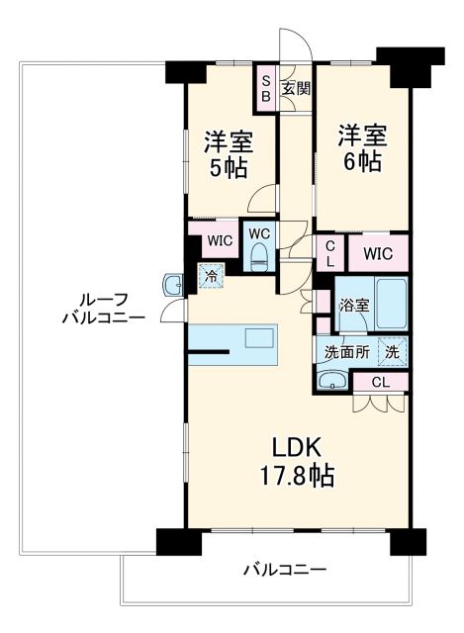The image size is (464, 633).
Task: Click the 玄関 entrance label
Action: click(296, 88)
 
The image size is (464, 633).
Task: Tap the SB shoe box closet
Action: click(265, 88)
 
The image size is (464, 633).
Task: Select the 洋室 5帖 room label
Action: click(229, 152)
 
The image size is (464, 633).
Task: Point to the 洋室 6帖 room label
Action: click(361, 146)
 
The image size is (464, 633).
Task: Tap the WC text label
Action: click(259, 233)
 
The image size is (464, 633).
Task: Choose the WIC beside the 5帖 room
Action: click(220, 240)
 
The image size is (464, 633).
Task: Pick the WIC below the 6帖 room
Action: click(377, 253)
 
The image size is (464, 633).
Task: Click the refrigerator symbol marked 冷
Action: click(211, 277)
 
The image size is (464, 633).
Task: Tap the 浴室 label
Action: click(355, 306)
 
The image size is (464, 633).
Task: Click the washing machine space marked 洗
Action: click(392, 351)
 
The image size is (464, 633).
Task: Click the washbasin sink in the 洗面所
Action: click(330, 381)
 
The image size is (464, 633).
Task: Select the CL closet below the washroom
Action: click(379, 382)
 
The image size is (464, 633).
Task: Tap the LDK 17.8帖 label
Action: click(297, 461)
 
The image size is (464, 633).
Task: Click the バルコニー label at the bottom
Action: click(284, 571)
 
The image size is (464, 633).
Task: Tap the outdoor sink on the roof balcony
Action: click(171, 286)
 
